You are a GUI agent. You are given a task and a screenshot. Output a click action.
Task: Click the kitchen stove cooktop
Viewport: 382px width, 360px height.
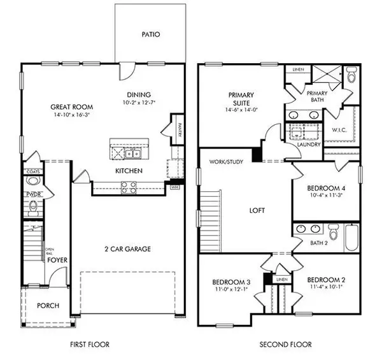tap(127, 187)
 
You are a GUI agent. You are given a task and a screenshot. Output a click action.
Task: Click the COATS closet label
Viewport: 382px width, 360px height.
tap(32, 171)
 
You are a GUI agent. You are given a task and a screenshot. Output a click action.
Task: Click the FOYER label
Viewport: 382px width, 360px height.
tap(57, 260)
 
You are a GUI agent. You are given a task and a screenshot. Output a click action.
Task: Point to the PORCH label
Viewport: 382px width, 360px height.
tap(48, 306)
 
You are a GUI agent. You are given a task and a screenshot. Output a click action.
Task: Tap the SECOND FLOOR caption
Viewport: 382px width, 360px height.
tap(285, 345)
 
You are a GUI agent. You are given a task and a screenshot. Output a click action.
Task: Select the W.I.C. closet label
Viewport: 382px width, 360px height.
tap(339, 130)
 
